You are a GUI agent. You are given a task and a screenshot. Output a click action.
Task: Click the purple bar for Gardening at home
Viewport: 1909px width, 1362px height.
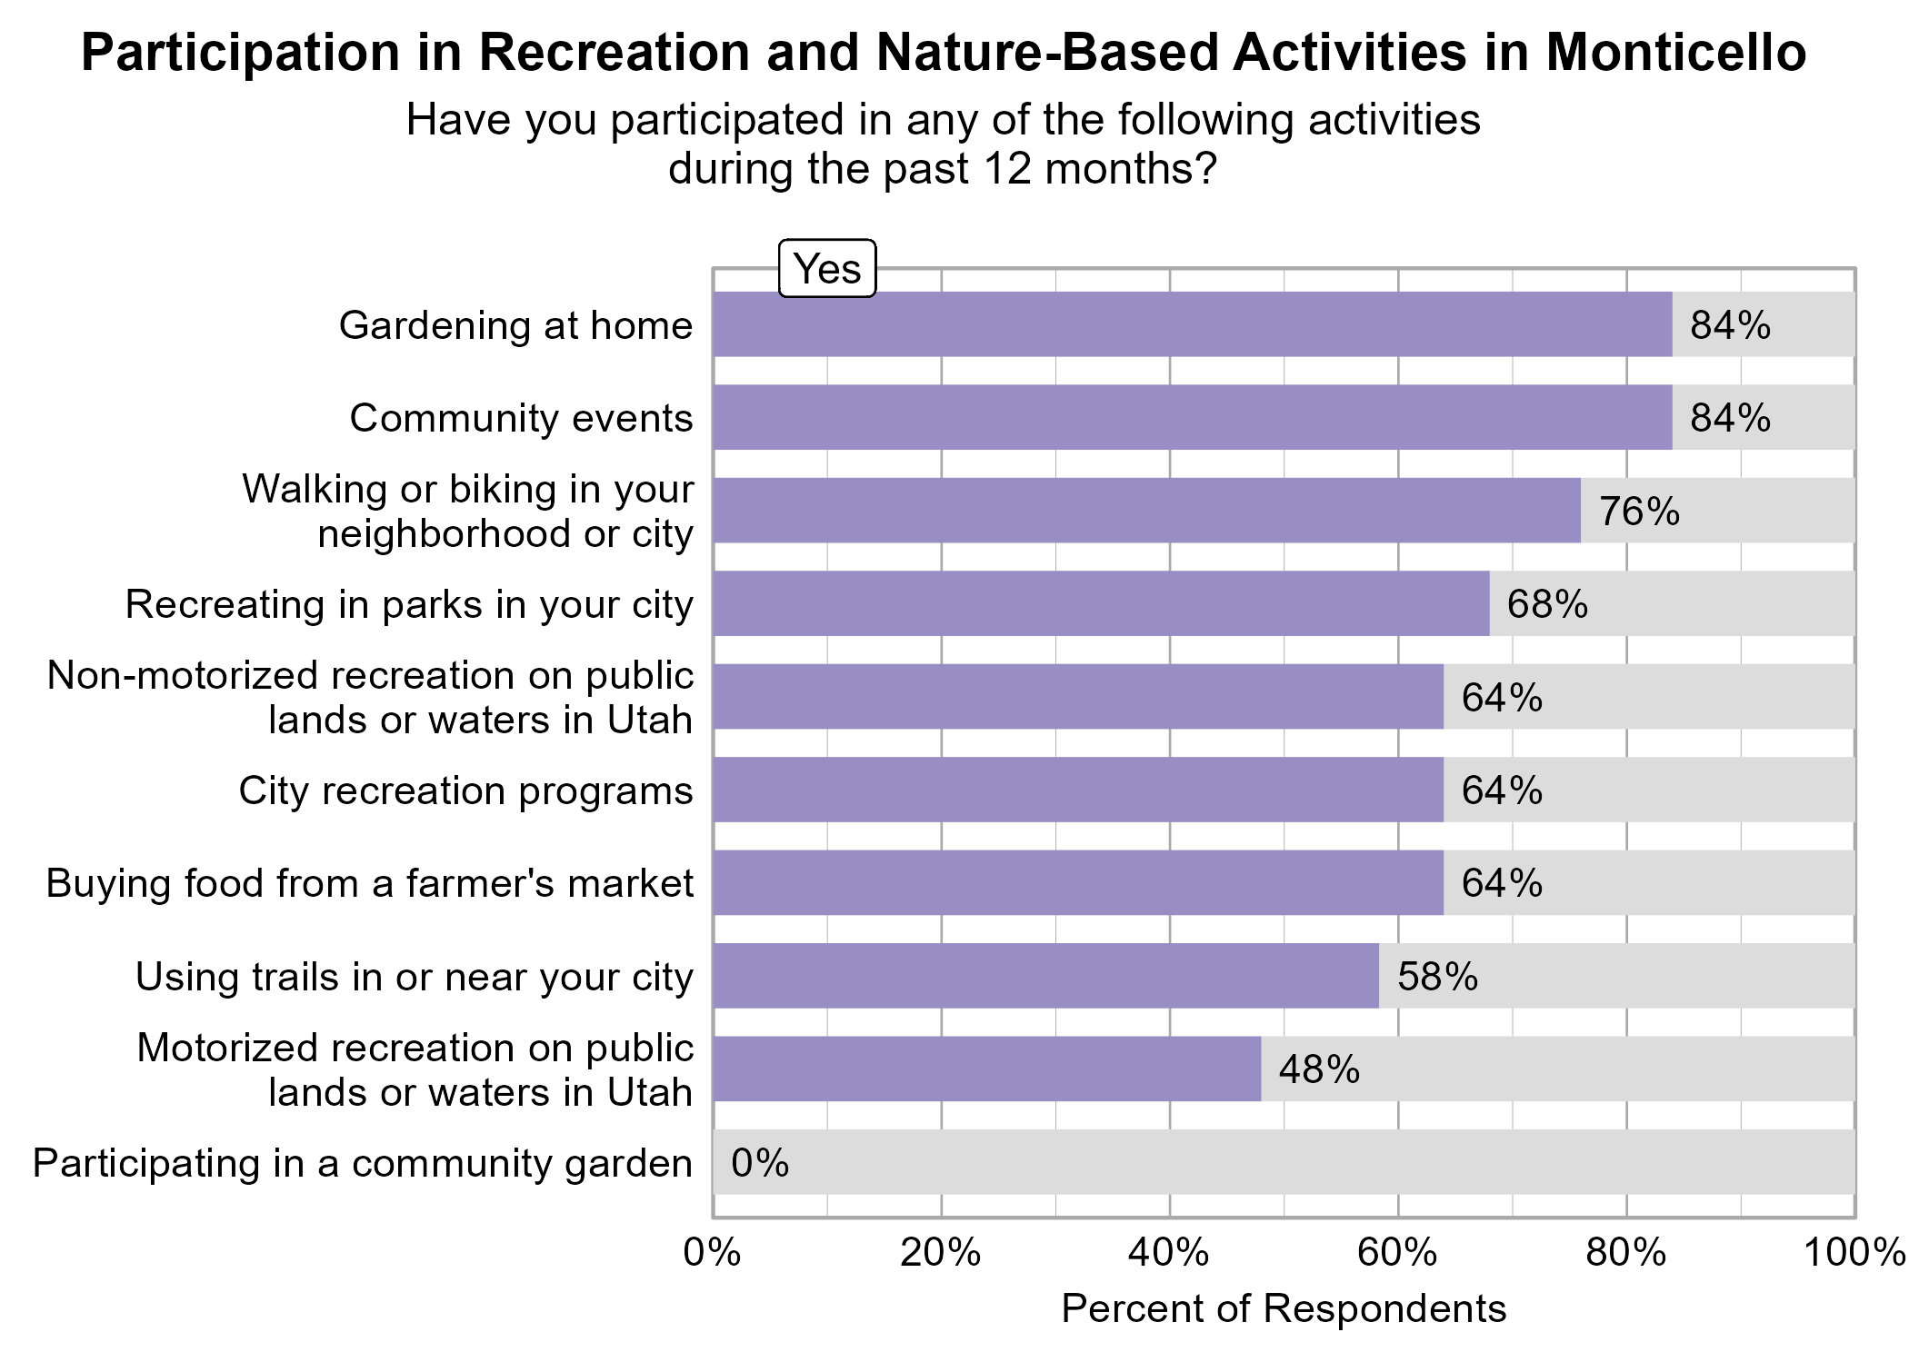(1192, 324)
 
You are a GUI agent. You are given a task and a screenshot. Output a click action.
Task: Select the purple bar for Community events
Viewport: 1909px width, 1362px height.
(1192, 417)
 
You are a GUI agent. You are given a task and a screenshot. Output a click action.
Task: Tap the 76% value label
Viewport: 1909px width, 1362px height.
(1639, 512)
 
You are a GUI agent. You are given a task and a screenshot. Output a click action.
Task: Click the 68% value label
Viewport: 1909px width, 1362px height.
(1547, 604)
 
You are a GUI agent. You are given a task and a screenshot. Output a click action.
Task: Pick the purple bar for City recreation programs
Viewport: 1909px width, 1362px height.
(1077, 790)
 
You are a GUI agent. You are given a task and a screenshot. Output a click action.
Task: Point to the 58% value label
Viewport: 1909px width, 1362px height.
(1437, 977)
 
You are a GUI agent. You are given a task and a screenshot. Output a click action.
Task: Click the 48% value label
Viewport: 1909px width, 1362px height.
(1319, 1069)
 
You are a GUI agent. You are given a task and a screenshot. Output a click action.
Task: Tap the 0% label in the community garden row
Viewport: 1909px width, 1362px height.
(760, 1163)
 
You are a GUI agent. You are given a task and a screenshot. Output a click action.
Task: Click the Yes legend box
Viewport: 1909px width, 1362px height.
(827, 269)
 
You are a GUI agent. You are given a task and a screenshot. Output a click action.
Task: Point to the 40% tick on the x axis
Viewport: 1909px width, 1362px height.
(1168, 1253)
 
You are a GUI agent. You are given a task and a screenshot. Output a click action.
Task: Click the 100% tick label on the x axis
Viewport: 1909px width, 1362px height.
(1854, 1253)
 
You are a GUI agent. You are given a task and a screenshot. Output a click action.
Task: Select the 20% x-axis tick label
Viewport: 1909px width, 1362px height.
(940, 1253)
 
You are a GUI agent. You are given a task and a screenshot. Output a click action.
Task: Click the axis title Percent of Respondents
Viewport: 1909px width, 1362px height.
(1284, 1308)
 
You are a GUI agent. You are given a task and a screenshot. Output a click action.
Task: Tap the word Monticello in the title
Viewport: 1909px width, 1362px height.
(1675, 52)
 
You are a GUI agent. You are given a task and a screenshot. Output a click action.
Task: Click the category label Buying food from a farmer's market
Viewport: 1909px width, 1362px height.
(369, 883)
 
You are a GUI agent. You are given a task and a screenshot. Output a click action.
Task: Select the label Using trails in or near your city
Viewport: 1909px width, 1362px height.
(414, 977)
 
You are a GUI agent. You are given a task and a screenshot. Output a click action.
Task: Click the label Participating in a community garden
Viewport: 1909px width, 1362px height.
(362, 1163)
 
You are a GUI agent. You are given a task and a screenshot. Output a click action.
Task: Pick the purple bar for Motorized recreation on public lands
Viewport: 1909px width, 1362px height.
(986, 1069)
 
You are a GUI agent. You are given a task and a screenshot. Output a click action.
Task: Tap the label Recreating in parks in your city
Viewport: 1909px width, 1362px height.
(409, 604)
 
